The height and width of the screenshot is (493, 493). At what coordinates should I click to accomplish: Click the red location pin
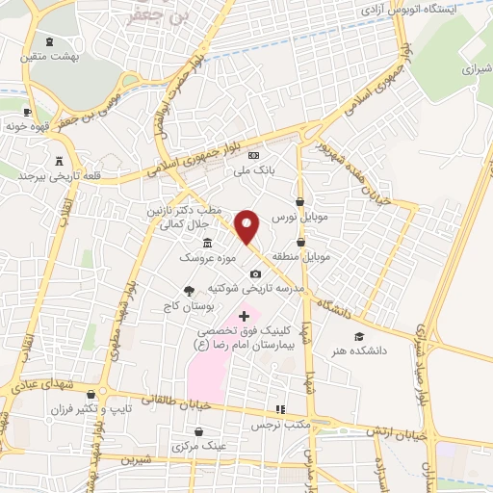tap(248, 226)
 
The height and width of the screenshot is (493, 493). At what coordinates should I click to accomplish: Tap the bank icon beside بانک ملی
tap(253, 155)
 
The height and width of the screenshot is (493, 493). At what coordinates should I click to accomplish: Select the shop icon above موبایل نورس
tap(301, 202)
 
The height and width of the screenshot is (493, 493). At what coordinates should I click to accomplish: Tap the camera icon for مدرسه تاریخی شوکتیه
tap(255, 273)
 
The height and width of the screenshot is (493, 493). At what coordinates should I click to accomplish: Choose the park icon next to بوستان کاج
tap(189, 291)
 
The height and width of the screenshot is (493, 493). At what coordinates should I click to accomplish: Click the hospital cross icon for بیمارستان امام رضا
tap(244, 315)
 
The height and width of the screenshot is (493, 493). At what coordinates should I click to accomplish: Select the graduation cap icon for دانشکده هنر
tap(359, 337)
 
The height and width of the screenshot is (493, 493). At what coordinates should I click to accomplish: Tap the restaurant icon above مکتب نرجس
tap(280, 409)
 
